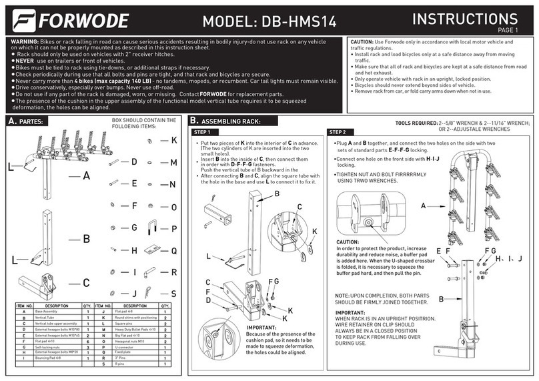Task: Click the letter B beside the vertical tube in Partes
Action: (x=86, y=238)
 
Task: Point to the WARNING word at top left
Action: (x=25, y=41)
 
